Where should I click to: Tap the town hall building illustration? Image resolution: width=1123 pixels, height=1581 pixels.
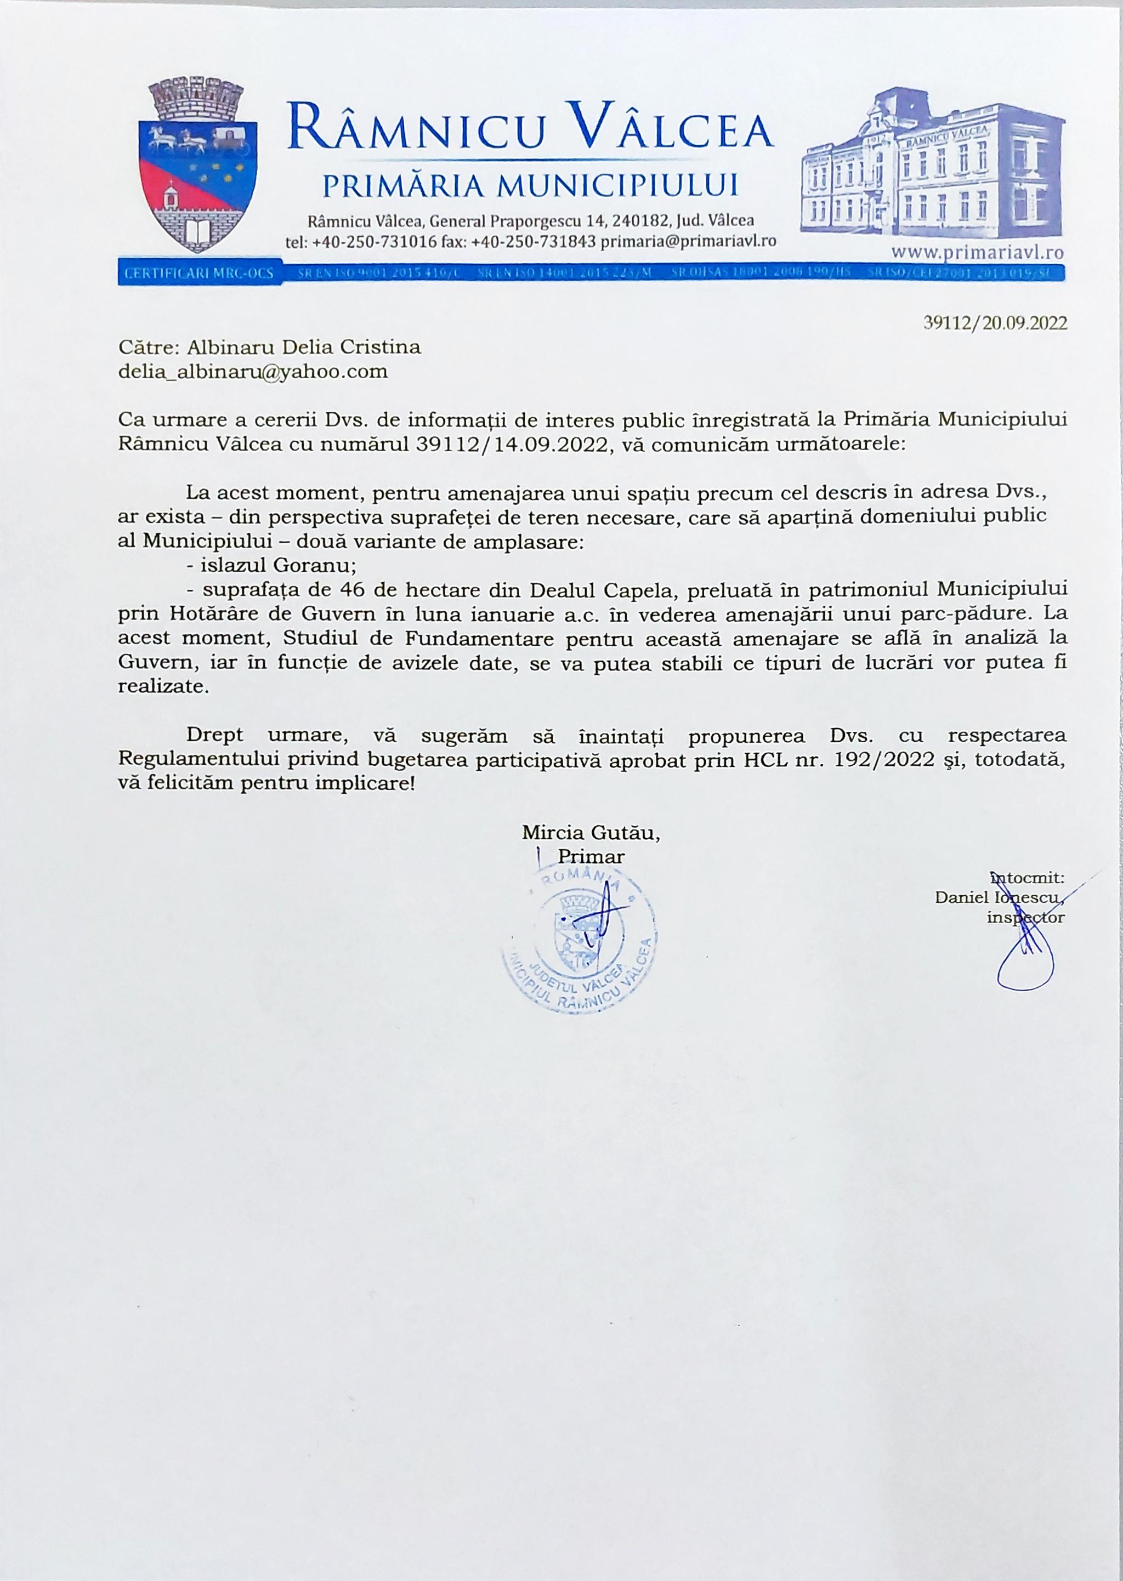932,166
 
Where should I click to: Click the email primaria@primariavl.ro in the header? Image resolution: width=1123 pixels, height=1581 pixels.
688,241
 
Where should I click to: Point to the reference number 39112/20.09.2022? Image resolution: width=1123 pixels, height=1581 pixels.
995,323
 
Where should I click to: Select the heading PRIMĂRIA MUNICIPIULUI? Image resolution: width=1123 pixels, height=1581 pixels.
530,185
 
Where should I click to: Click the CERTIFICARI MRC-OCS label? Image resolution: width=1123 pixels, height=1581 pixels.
199,273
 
